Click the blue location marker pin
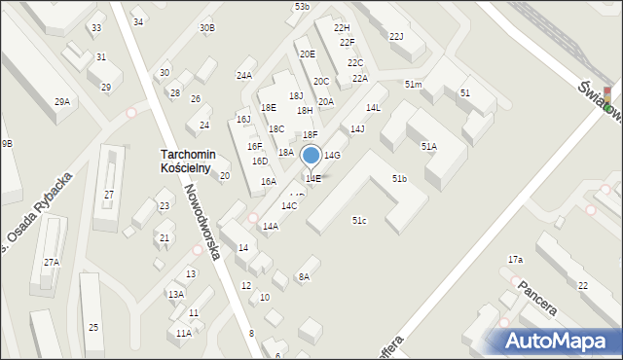pos(311,157)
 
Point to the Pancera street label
pos(537,298)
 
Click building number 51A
pos(428,146)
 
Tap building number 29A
pos(62,102)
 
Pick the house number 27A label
pos(51,262)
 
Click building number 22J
pos(396,37)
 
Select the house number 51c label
pos(359,221)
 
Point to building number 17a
pos(515,260)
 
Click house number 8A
pos(304,277)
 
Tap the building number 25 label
pos(93,327)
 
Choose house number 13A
pos(175,294)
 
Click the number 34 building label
pos(138,22)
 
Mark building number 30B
pos(207,28)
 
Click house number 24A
pos(243,75)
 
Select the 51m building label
pos(414,86)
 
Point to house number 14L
pos(373,108)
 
